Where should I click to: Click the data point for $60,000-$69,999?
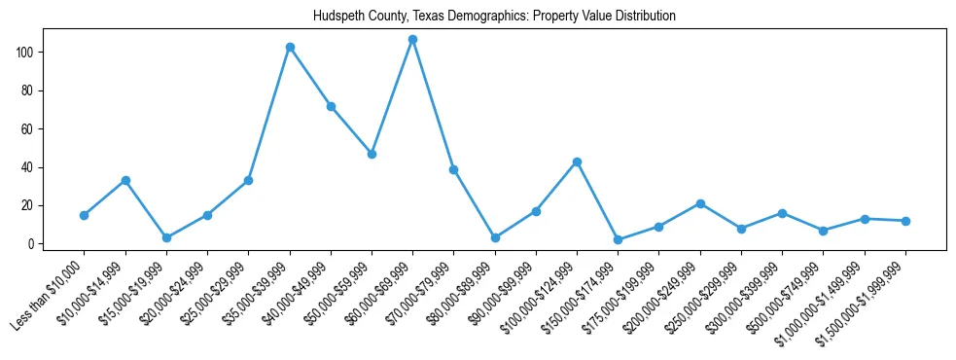click(x=413, y=40)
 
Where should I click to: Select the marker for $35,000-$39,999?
click(x=290, y=47)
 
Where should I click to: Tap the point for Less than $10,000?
click(x=85, y=215)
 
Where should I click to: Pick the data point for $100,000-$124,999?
click(x=578, y=162)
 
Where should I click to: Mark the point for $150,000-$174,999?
click(x=619, y=239)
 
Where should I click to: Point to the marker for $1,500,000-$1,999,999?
click(x=906, y=221)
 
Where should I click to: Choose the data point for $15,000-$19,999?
click(x=166, y=237)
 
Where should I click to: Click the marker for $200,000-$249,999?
click(x=701, y=203)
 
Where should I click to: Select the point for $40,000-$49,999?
click(x=331, y=106)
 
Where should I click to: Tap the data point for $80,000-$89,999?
click(x=495, y=237)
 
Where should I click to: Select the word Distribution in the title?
click(x=644, y=17)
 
